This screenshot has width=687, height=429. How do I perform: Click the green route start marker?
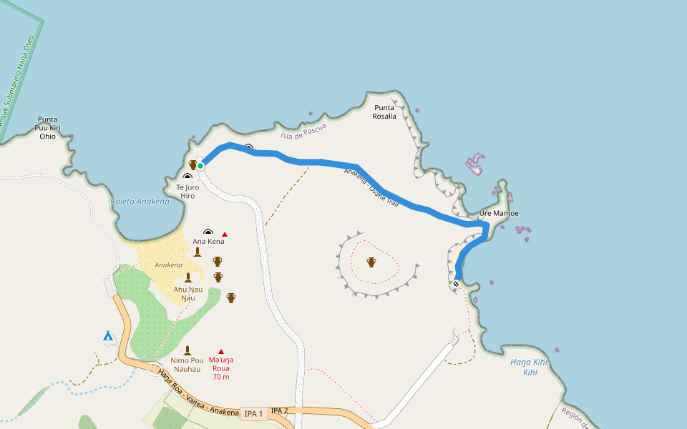coord(201,166)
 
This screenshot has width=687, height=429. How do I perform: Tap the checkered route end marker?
coord(456,284)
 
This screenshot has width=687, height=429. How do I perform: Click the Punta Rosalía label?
coord(384,112)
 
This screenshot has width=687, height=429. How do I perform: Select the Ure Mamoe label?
coord(499,214)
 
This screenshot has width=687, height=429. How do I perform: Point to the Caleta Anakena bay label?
coord(140,202)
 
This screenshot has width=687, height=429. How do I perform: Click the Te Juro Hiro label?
coord(187,192)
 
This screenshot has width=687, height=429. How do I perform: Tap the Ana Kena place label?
coord(208,242)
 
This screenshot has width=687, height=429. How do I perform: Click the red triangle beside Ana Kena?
coord(225,235)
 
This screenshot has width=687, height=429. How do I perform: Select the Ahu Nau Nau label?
coord(187,293)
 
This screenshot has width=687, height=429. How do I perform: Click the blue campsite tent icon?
coord(108,335)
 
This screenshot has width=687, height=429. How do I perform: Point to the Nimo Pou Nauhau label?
coord(187,365)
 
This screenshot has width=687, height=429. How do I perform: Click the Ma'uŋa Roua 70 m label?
coord(221,368)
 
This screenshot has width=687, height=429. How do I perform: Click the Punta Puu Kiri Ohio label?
coord(48,128)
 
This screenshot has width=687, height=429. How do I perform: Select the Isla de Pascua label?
coord(303,131)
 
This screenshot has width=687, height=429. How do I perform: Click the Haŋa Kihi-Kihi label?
coord(530,368)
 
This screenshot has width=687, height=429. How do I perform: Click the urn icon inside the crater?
coord(371,262)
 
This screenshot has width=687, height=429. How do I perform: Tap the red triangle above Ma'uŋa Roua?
coord(221,351)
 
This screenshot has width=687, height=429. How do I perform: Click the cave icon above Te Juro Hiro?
coord(187,176)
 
